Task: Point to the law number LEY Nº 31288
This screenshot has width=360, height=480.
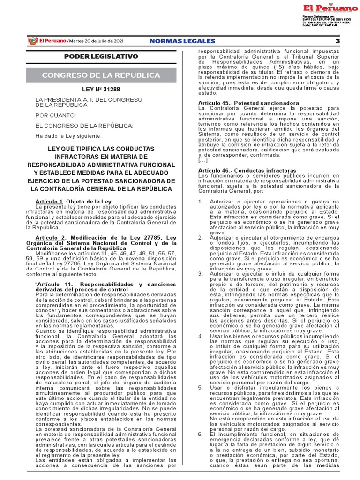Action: (101, 90)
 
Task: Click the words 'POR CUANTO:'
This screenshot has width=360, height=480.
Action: (55, 115)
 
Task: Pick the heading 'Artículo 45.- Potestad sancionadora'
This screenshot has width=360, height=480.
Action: (248, 102)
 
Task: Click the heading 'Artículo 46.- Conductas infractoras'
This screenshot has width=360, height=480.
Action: (247, 170)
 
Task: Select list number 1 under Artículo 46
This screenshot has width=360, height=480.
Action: (200, 202)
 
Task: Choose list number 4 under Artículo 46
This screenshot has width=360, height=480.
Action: (200, 336)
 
